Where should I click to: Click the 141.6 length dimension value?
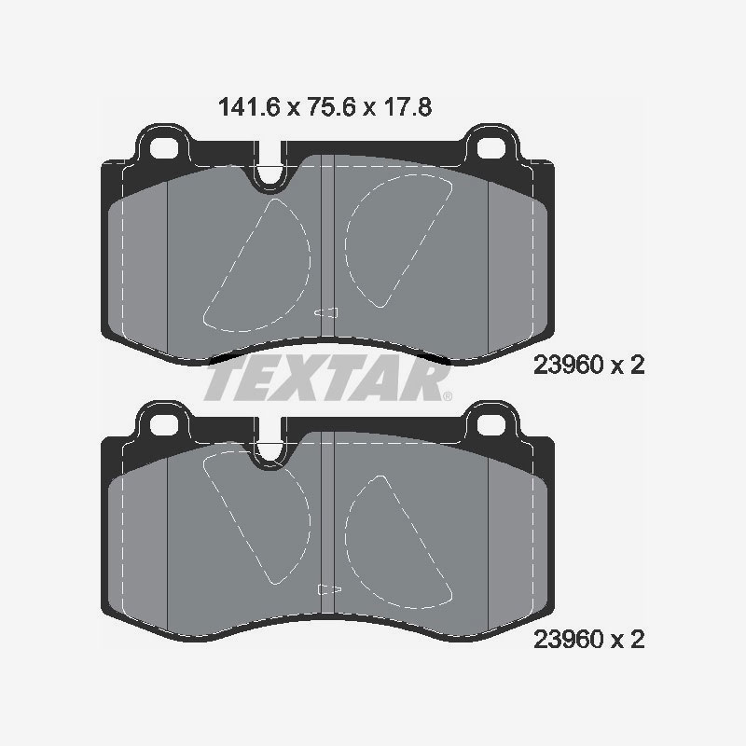coord(248,107)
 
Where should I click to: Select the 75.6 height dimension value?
coord(332,107)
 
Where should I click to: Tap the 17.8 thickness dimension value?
coord(408,107)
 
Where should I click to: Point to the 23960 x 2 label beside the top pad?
coord(589,365)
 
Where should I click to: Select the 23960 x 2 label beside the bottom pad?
coord(589,639)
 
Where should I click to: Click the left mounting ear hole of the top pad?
coord(164,147)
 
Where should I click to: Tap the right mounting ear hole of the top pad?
coord(491,147)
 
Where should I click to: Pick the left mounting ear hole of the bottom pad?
coord(164,424)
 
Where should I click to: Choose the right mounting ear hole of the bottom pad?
coord(491,424)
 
